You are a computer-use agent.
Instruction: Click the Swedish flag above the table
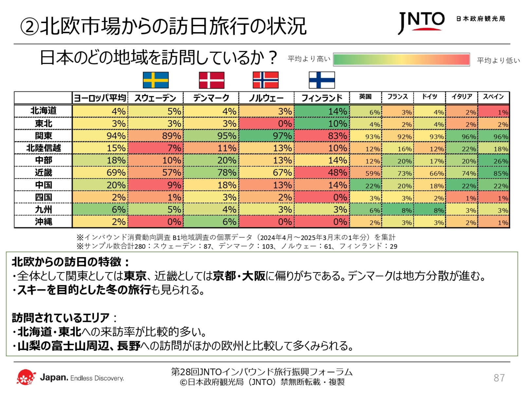(156, 80)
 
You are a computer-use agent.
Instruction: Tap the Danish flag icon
(212, 80)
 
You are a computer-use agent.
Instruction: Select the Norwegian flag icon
(266, 80)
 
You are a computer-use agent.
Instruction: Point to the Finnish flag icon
(322, 80)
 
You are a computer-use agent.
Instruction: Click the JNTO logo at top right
(421, 22)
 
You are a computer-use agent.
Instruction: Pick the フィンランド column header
(322, 98)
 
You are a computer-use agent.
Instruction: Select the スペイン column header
(493, 97)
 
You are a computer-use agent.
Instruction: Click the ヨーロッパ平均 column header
(100, 98)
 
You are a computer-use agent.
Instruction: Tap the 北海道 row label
(43, 111)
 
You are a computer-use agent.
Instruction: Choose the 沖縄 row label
(43, 222)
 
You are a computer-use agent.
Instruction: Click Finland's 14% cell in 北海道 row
(322, 111)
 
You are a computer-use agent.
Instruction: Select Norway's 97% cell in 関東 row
(266, 136)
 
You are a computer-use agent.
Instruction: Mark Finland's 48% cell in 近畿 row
(322, 173)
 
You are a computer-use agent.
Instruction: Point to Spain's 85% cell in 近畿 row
(494, 173)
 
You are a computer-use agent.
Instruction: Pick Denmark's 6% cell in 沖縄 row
(211, 222)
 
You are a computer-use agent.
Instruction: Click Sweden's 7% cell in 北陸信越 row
(156, 148)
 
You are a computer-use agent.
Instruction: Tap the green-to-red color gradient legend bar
(402, 60)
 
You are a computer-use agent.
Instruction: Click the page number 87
(499, 378)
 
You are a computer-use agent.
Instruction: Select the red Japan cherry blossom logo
(26, 377)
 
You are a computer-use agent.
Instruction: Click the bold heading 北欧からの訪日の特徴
(70, 262)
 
